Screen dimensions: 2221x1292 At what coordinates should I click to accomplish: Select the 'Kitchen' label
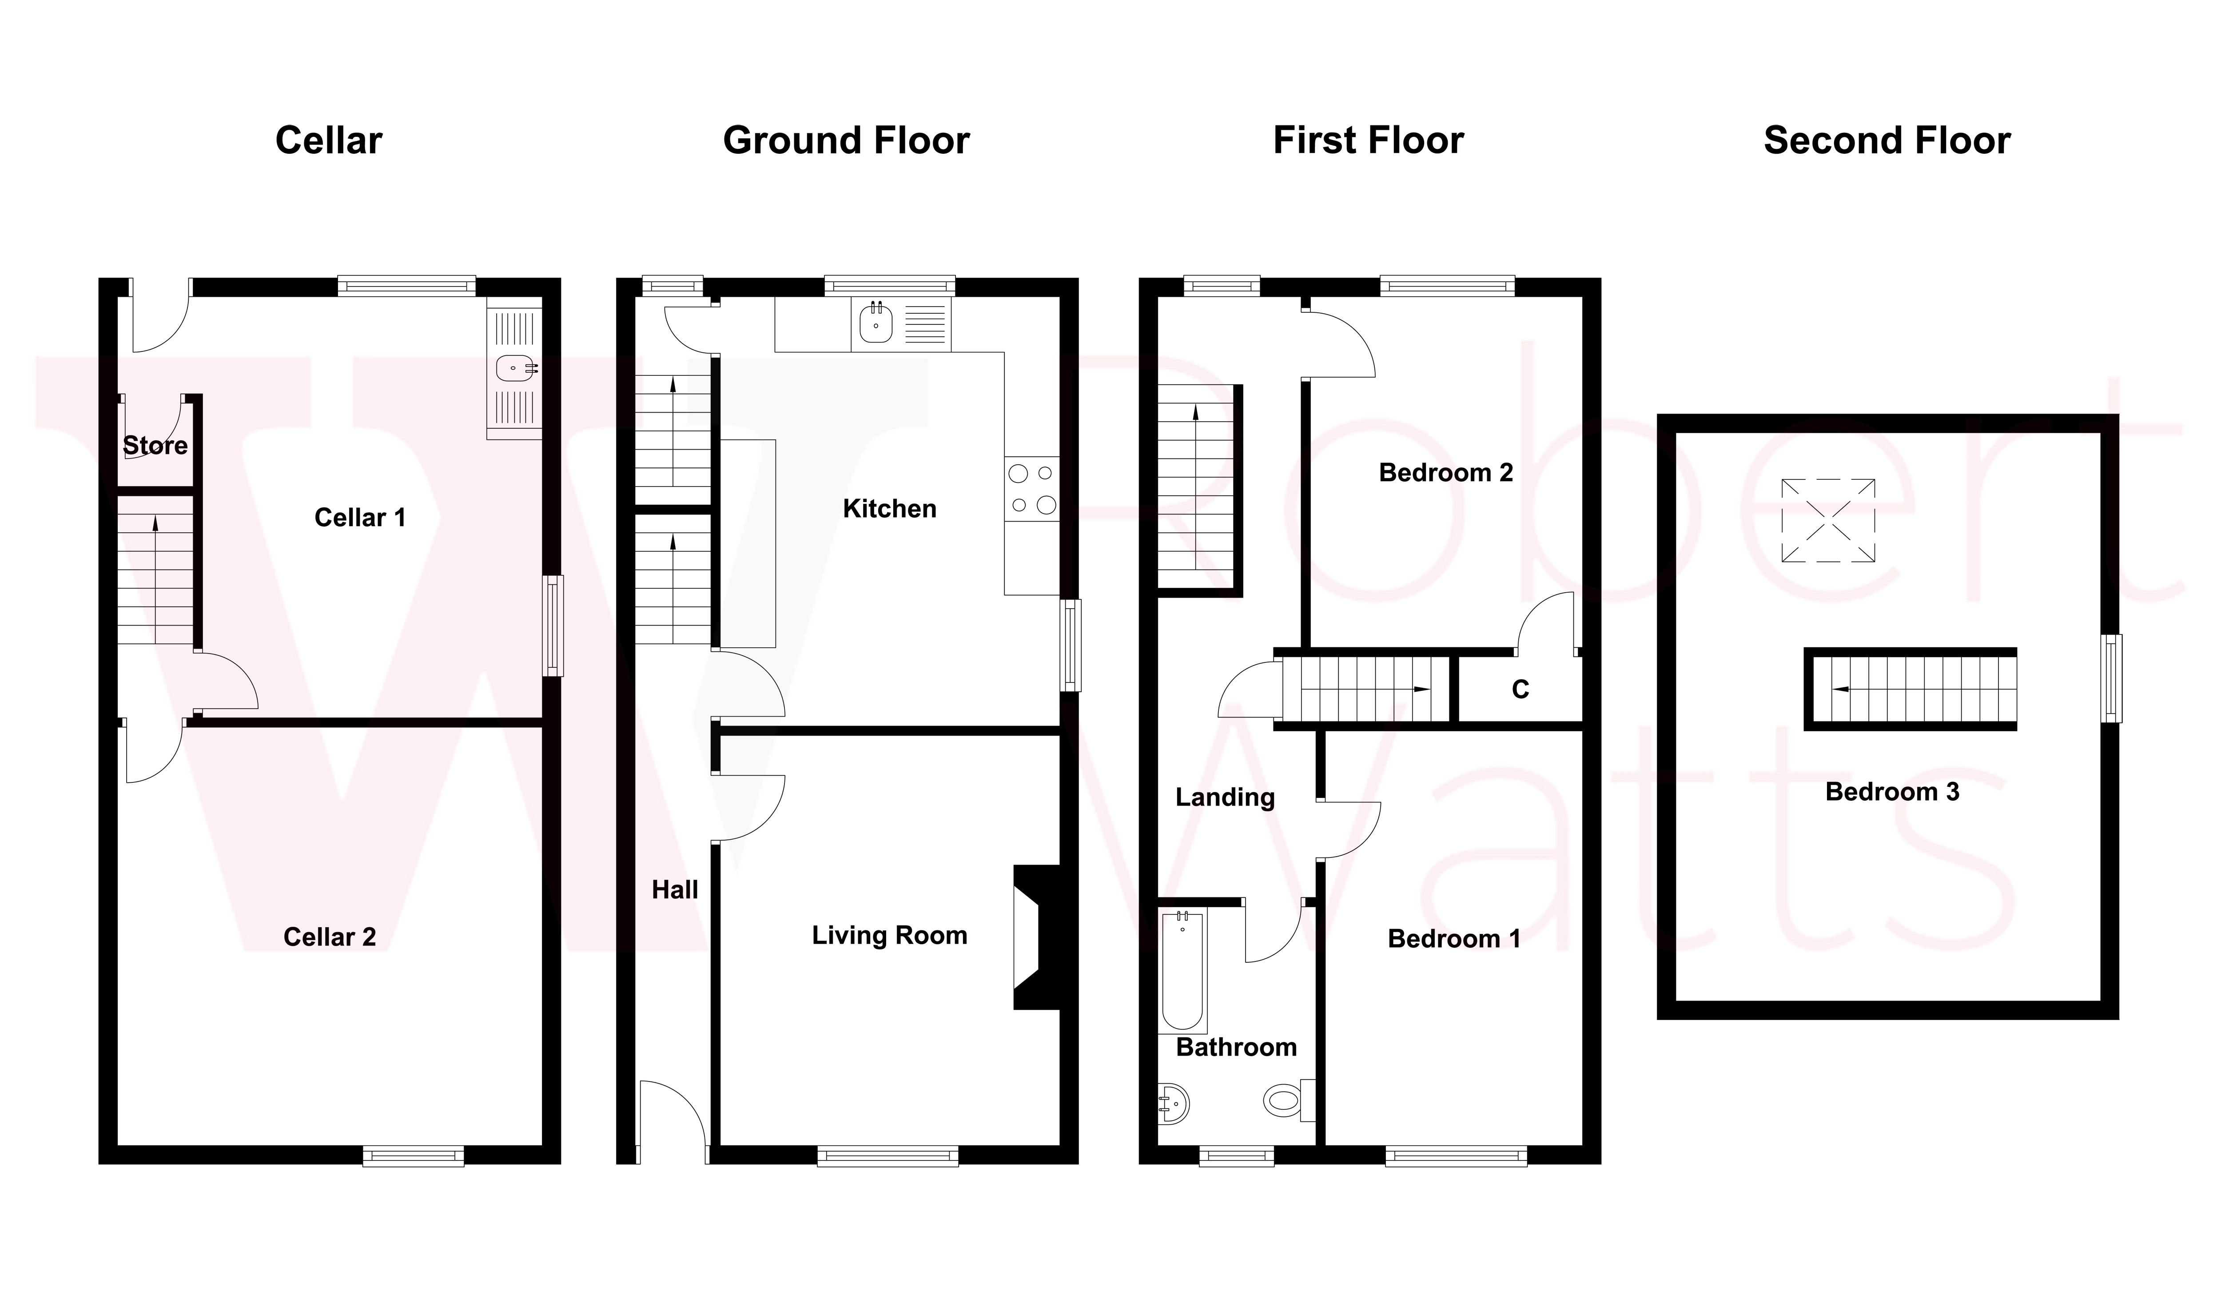pos(889,509)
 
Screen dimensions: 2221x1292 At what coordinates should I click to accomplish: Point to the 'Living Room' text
pos(889,935)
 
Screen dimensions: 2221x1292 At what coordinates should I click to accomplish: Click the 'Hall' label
pos(675,890)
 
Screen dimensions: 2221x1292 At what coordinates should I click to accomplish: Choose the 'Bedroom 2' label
pos(1445,472)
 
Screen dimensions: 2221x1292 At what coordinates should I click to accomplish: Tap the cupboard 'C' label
pos(1520,689)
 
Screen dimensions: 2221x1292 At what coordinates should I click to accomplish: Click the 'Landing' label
pos(1225,798)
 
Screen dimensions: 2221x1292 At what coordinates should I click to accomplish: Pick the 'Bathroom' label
pos(1237,1047)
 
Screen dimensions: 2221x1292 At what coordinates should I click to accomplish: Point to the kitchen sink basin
pos(876,323)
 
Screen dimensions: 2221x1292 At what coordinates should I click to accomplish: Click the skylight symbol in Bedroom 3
pos(1828,520)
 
